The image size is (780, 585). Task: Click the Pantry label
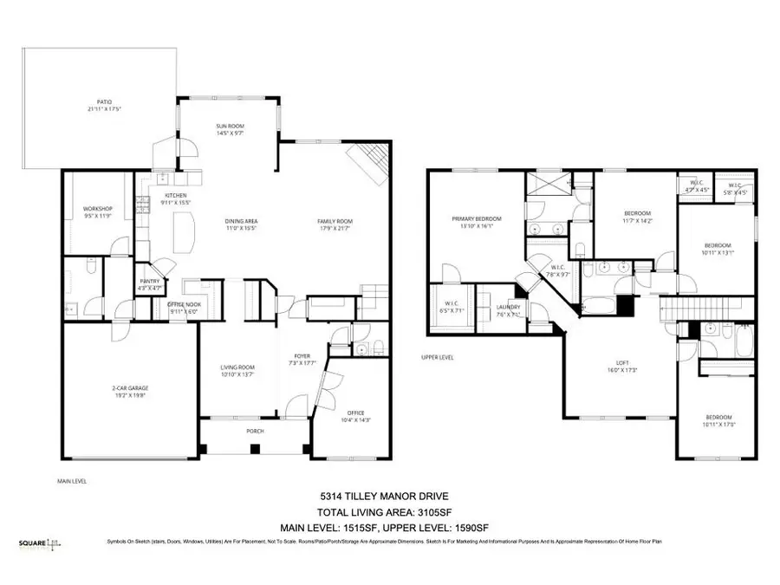[147, 283]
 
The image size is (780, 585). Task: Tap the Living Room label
[236, 371]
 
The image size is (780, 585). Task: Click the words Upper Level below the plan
[438, 357]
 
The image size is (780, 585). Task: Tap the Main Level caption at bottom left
[72, 481]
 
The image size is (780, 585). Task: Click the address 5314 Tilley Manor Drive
[389, 497]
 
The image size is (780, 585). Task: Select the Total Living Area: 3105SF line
[389, 511]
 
